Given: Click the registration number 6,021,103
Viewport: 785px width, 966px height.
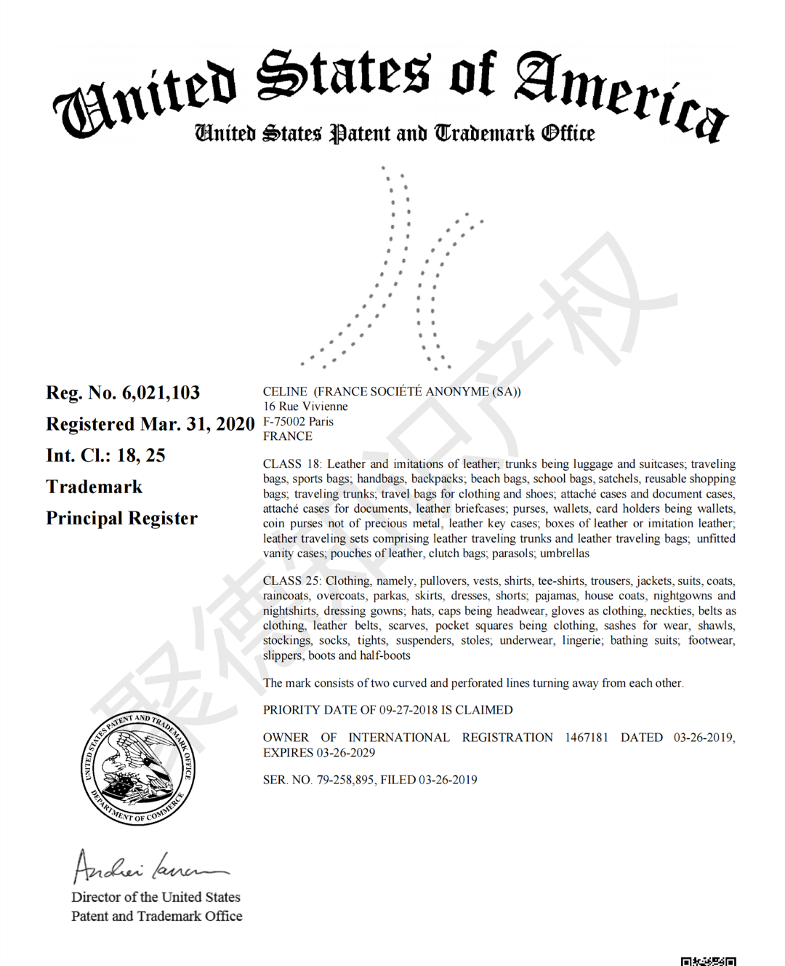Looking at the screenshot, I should [x=161, y=393].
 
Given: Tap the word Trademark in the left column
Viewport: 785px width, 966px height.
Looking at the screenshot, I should [x=94, y=487].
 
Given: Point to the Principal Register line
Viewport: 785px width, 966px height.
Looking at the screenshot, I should [x=121, y=518].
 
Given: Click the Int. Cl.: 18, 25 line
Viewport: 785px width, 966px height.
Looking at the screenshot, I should [x=105, y=455].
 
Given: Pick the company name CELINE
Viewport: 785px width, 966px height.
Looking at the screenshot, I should [x=285, y=391].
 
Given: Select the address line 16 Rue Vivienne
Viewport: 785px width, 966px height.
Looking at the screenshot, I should [x=305, y=407].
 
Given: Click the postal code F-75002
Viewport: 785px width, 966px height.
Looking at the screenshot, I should [x=284, y=421].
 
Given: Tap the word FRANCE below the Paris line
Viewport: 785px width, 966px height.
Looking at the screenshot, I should [x=288, y=436].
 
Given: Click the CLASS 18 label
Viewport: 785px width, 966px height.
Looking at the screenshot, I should [x=292, y=464].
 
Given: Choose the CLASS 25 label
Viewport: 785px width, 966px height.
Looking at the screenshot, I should [x=292, y=580].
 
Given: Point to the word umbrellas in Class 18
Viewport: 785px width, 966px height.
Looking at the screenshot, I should [x=565, y=554].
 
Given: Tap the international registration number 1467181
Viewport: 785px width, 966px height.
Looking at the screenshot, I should [x=587, y=738].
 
